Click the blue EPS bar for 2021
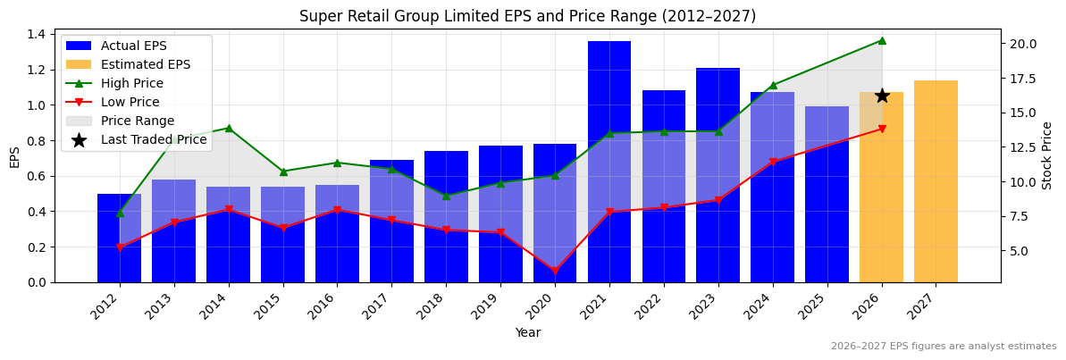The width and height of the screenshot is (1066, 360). point(609,162)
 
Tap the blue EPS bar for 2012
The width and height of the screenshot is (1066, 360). point(119,238)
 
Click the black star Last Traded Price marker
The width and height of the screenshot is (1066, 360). point(882,96)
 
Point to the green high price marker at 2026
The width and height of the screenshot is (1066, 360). point(882,40)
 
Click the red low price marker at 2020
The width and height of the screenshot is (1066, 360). point(554,271)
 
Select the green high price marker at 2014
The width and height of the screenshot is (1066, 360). point(229,128)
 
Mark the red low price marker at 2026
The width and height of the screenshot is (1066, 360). point(882,129)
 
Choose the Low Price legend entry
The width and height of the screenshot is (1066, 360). point(130,102)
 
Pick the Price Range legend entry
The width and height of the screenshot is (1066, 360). point(137,121)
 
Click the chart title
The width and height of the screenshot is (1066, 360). point(527,16)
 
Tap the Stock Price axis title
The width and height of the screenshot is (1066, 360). point(1047,155)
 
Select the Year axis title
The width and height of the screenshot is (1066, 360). point(527,332)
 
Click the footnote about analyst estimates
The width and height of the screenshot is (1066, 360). point(943,347)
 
